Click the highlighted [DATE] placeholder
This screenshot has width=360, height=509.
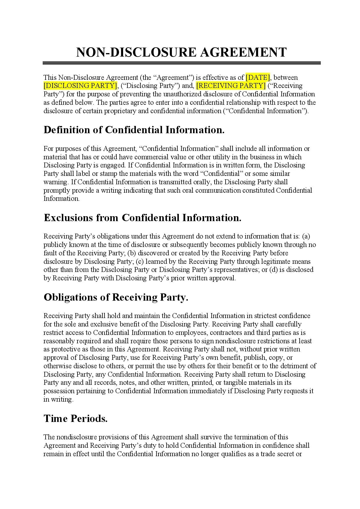click(258, 77)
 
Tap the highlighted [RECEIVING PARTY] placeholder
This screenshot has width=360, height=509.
click(231, 86)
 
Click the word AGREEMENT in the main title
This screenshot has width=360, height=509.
click(243, 52)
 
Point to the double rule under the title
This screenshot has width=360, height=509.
click(181, 63)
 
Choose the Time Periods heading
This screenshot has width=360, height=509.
click(75, 419)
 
